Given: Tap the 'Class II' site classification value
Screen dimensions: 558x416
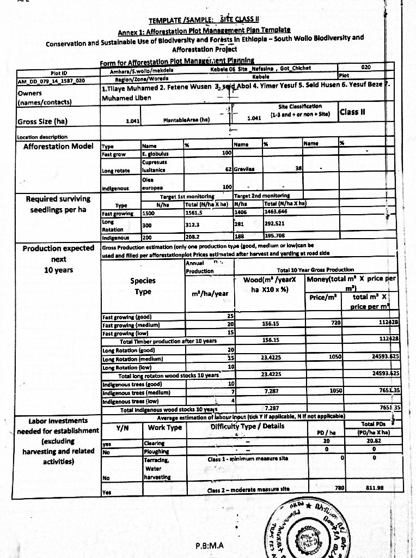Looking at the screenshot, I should pyautogui.click(x=352, y=113).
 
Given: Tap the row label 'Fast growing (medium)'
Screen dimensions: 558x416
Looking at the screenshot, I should pyautogui.click(x=131, y=325).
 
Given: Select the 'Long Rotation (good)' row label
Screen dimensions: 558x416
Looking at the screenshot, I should pyautogui.click(x=130, y=349).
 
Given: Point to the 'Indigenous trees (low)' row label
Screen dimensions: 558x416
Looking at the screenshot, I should pyautogui.click(x=130, y=400).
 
